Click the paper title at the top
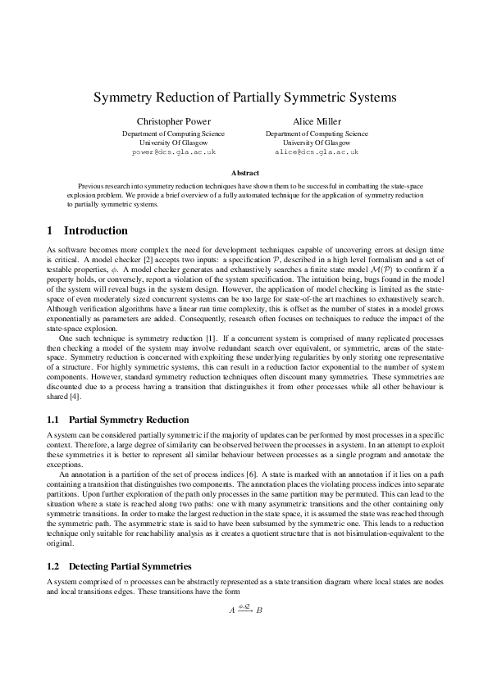[244, 97]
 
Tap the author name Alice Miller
[317, 120]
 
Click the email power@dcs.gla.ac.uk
[173, 152]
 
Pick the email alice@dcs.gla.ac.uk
[317, 152]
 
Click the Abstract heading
[244, 173]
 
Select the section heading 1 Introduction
[88, 231]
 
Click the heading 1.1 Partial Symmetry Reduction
[118, 420]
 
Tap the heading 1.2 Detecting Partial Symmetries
[120, 566]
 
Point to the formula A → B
[245, 610]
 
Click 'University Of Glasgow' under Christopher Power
[173, 143]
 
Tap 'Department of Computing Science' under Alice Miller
[317, 133]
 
